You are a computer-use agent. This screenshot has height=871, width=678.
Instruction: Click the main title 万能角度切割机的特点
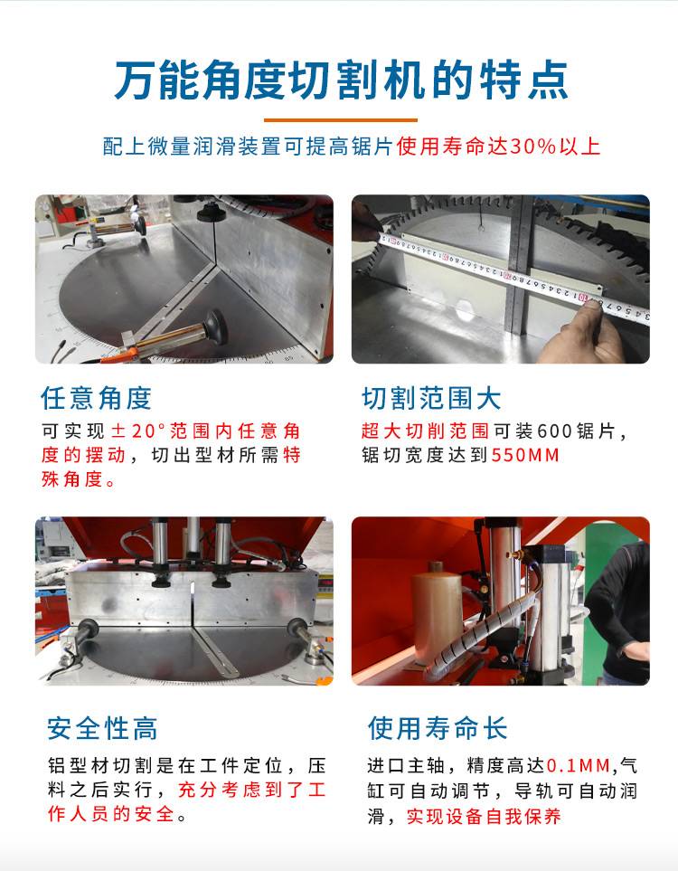pyautogui.click(x=341, y=81)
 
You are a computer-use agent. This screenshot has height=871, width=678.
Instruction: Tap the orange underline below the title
pyautogui.click(x=341, y=119)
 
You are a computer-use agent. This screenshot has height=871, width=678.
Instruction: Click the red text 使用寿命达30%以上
pyautogui.click(x=498, y=147)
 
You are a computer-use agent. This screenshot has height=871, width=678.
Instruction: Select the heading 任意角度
pyautogui.click(x=96, y=398)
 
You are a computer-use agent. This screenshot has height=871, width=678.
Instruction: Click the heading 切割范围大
pyautogui.click(x=431, y=398)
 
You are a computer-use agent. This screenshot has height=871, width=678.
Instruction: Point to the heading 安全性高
pyautogui.click(x=102, y=728)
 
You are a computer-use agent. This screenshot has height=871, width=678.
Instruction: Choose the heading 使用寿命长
pyautogui.click(x=438, y=728)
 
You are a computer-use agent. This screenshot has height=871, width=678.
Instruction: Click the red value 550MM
pyautogui.click(x=525, y=456)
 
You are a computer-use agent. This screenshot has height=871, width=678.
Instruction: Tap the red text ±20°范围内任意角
pyautogui.click(x=206, y=431)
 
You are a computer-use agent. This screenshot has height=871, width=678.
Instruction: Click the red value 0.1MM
pyautogui.click(x=579, y=766)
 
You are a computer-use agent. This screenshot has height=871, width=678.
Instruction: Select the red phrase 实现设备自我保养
pyautogui.click(x=484, y=817)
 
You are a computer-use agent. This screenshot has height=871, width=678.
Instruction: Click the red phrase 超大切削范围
pyautogui.click(x=426, y=431)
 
